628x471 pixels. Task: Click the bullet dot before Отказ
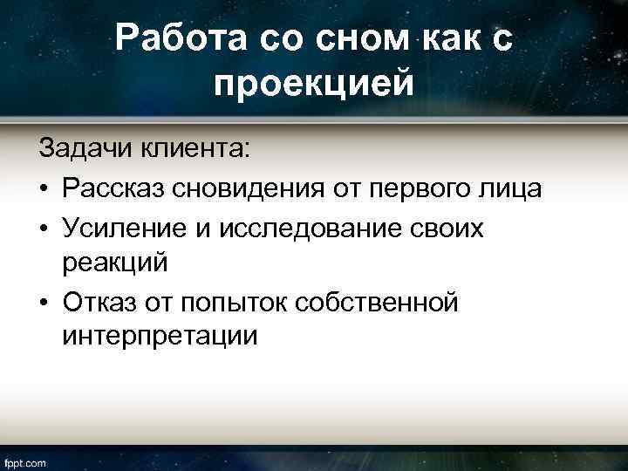(x=44, y=302)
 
